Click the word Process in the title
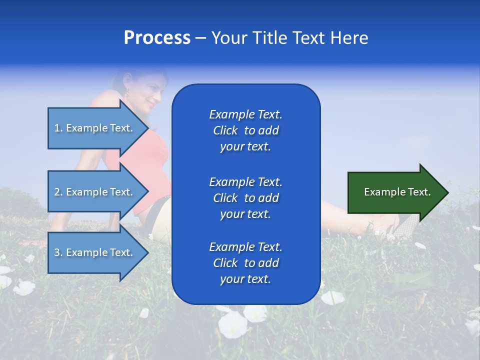coord(157,38)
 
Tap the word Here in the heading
coord(349,38)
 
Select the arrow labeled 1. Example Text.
coord(95,128)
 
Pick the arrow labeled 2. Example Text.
coord(95,192)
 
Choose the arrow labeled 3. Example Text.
coord(95,252)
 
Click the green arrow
coord(395,192)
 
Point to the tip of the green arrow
coord(447,192)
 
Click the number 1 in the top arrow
coord(57,128)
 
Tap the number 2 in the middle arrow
coord(57,192)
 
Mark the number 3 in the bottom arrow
coord(57,252)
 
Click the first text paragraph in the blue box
coord(245,130)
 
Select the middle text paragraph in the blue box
coord(245,197)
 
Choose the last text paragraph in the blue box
coord(245,263)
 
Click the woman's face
coord(150,95)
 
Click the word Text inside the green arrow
coord(419,192)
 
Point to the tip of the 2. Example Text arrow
coord(148,192)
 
